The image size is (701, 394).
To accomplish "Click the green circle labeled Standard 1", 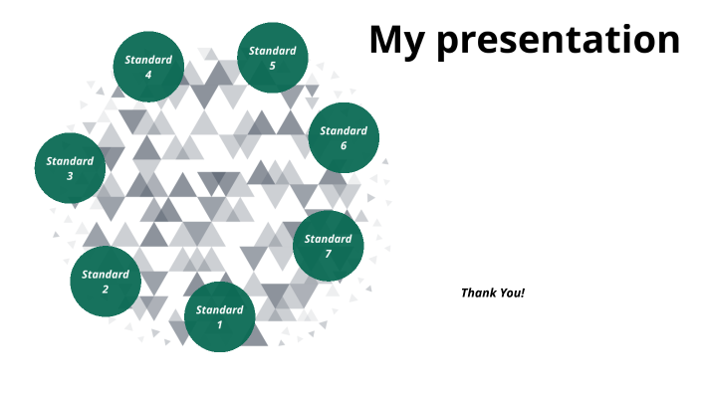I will coord(220,316).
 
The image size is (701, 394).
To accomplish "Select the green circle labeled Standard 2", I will coord(106,282).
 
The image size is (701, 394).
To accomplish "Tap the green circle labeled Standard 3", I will coord(70,167).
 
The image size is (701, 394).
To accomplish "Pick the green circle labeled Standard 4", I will coord(148,67).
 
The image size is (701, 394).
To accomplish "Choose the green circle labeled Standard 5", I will coord(272,58).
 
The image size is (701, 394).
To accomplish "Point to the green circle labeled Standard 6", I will coord(344,137).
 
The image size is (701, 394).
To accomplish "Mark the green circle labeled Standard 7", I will coord(328,246).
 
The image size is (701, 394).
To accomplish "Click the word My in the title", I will coord(398,40).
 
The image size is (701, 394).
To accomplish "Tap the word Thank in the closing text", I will coord(476,293).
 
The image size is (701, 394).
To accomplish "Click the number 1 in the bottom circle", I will coord(220,324).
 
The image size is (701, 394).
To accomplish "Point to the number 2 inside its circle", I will coord(106,290).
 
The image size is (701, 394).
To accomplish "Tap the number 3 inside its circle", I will coord(70,176).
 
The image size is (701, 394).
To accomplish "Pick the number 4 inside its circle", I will coord(148,75).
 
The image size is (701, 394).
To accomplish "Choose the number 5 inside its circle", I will coord(272,66).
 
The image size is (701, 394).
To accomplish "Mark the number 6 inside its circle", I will coord(344,146).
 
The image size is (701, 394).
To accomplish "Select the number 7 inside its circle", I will coord(328,254).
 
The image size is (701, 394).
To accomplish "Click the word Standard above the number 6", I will coord(344,130).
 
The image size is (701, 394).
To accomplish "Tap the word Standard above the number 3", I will coord(70,160).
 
